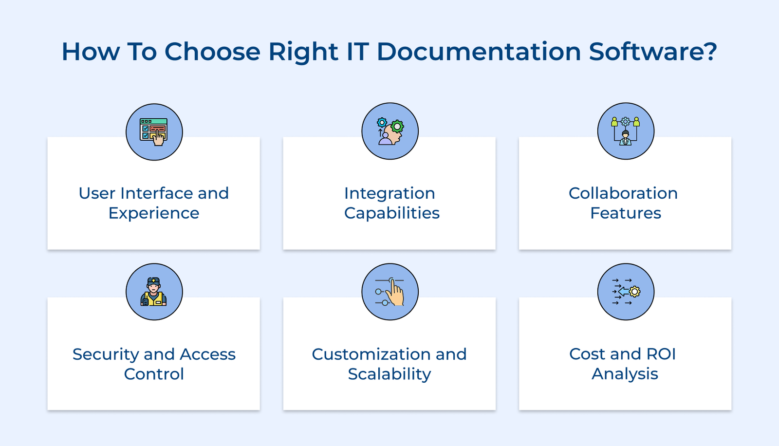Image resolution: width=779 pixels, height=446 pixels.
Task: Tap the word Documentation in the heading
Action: [x=479, y=52]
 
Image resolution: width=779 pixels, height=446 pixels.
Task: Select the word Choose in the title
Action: [x=212, y=52]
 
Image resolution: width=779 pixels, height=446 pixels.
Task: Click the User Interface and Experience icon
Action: [x=154, y=132]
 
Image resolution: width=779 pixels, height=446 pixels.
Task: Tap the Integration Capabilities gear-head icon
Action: [x=390, y=131]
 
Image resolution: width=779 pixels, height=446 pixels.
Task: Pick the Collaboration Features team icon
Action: [x=626, y=131]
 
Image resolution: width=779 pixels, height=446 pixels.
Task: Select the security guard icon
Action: [x=154, y=292]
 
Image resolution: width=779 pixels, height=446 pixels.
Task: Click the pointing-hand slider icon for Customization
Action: [x=390, y=292]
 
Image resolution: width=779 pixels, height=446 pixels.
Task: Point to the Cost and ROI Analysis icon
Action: [x=626, y=292]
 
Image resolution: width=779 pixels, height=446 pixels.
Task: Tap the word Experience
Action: [x=154, y=213]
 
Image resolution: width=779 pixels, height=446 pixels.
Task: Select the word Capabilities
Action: [x=391, y=213]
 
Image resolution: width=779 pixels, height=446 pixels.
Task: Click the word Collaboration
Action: [x=623, y=193]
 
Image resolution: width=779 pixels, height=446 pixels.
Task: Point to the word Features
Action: [x=626, y=213]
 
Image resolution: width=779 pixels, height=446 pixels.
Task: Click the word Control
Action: [x=154, y=374]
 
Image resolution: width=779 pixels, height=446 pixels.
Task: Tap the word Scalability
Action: [x=389, y=374]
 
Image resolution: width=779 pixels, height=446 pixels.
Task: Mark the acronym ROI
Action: [x=661, y=354]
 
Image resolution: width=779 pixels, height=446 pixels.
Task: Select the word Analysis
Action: [x=625, y=374]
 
